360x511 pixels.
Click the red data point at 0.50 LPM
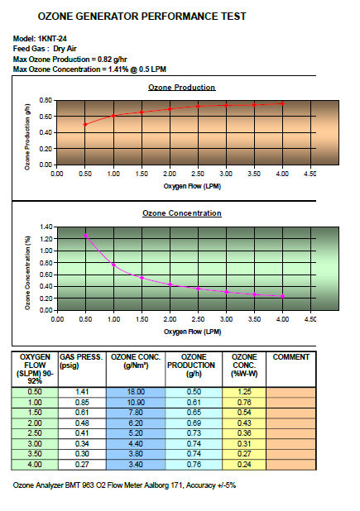[85, 125]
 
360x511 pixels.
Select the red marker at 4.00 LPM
[282, 103]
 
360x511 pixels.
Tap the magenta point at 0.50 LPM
[85, 236]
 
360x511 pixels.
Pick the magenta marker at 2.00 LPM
[170, 284]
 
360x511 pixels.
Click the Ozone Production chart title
[181, 88]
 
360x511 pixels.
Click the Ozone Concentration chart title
[181, 213]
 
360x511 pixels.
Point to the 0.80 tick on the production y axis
[46, 100]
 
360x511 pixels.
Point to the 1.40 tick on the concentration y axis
[46, 227]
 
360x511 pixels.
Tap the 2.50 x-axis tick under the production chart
[198, 174]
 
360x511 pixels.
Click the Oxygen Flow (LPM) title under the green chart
[192, 332]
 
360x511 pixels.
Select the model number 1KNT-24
[52, 39]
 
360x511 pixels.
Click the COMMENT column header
[290, 357]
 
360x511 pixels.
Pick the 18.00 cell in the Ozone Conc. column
[136, 392]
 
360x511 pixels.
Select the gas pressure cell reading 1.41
[82, 392]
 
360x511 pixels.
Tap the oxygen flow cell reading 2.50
[35, 433]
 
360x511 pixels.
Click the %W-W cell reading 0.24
[244, 465]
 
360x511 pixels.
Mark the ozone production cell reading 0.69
[194, 423]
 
